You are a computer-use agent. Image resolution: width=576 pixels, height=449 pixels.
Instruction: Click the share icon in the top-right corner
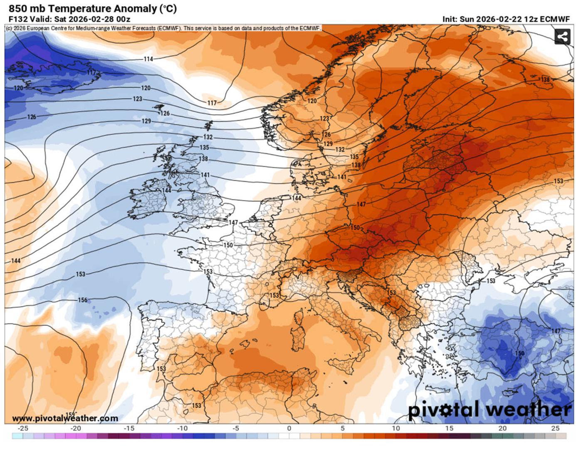pos(562,37)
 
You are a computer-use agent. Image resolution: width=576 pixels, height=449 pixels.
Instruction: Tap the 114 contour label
pos(148,59)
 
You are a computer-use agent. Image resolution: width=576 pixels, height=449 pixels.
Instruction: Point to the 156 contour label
pos(83,300)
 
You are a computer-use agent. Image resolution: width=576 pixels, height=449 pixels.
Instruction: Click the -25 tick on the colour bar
pos(23,428)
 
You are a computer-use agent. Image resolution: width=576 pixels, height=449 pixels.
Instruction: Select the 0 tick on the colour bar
pos(289,428)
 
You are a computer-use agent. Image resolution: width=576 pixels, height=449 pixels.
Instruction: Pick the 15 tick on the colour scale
pos(449,428)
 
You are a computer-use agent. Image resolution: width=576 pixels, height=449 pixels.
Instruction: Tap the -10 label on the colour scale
pos(182,428)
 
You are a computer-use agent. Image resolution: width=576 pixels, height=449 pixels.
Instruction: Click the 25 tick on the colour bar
pos(556,428)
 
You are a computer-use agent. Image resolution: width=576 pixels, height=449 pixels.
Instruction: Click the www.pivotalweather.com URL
pos(65,418)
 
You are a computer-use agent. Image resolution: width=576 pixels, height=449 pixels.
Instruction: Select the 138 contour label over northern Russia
pos(544,79)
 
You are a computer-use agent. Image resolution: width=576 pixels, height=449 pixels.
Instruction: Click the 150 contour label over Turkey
pos(519,353)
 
